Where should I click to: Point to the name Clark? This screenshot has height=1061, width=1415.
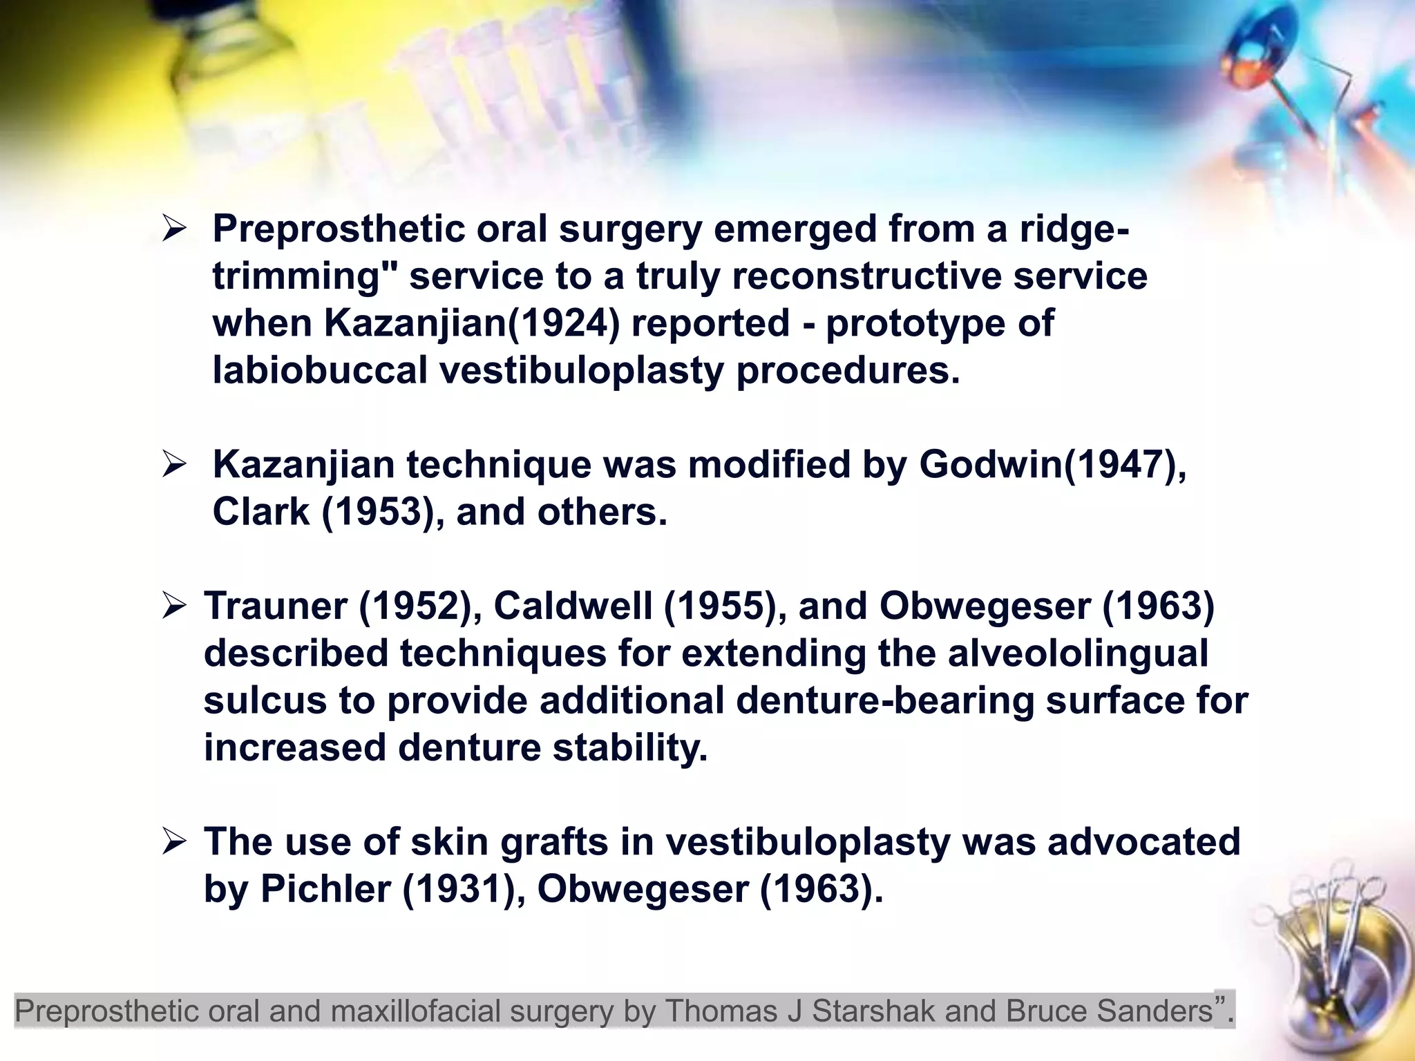tap(260, 512)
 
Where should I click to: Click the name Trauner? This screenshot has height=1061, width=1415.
tap(275, 606)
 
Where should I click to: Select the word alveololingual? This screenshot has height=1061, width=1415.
tap(1078, 653)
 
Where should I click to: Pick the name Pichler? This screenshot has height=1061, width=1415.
tap(325, 889)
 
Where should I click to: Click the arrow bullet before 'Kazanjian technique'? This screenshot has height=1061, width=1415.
tap(174, 465)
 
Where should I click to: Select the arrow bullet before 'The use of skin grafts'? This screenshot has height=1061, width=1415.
tap(174, 842)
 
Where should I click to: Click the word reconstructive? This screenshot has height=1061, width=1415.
tap(867, 276)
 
